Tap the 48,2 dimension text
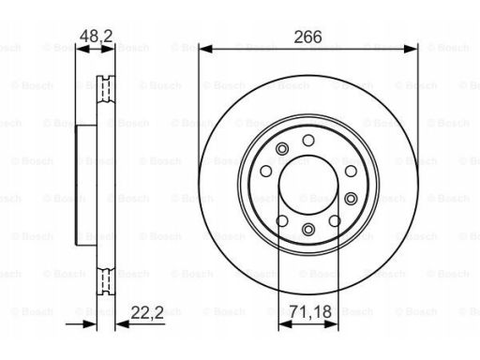click(x=95, y=37)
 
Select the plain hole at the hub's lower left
click(x=281, y=219)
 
